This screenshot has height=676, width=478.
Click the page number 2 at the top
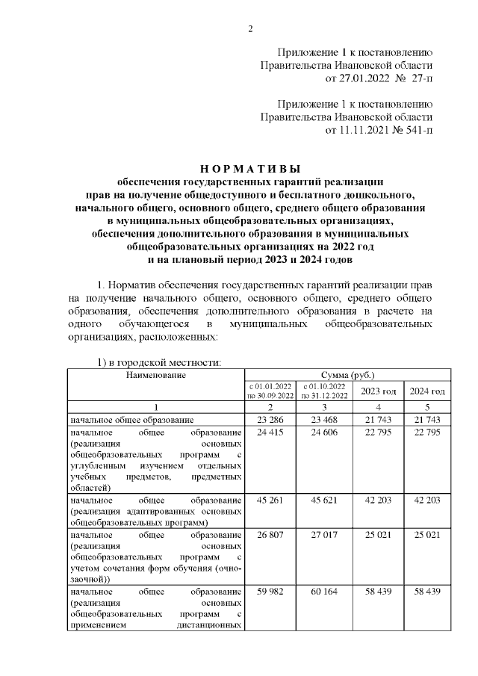250,29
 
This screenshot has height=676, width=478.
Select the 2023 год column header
379,391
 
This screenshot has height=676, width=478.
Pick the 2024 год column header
428,391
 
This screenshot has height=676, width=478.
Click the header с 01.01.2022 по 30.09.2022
270,391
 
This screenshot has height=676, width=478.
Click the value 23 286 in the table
270,421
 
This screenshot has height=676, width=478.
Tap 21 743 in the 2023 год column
379,421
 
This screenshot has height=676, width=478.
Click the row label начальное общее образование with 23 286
131,421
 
